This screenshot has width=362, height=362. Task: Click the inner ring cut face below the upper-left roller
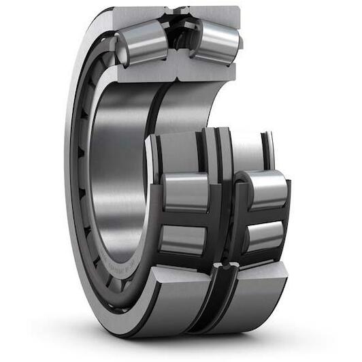coord(146,72)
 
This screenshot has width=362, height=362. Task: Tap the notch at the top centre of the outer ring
coord(180,10)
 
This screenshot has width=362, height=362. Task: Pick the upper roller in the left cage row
coord(185,192)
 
